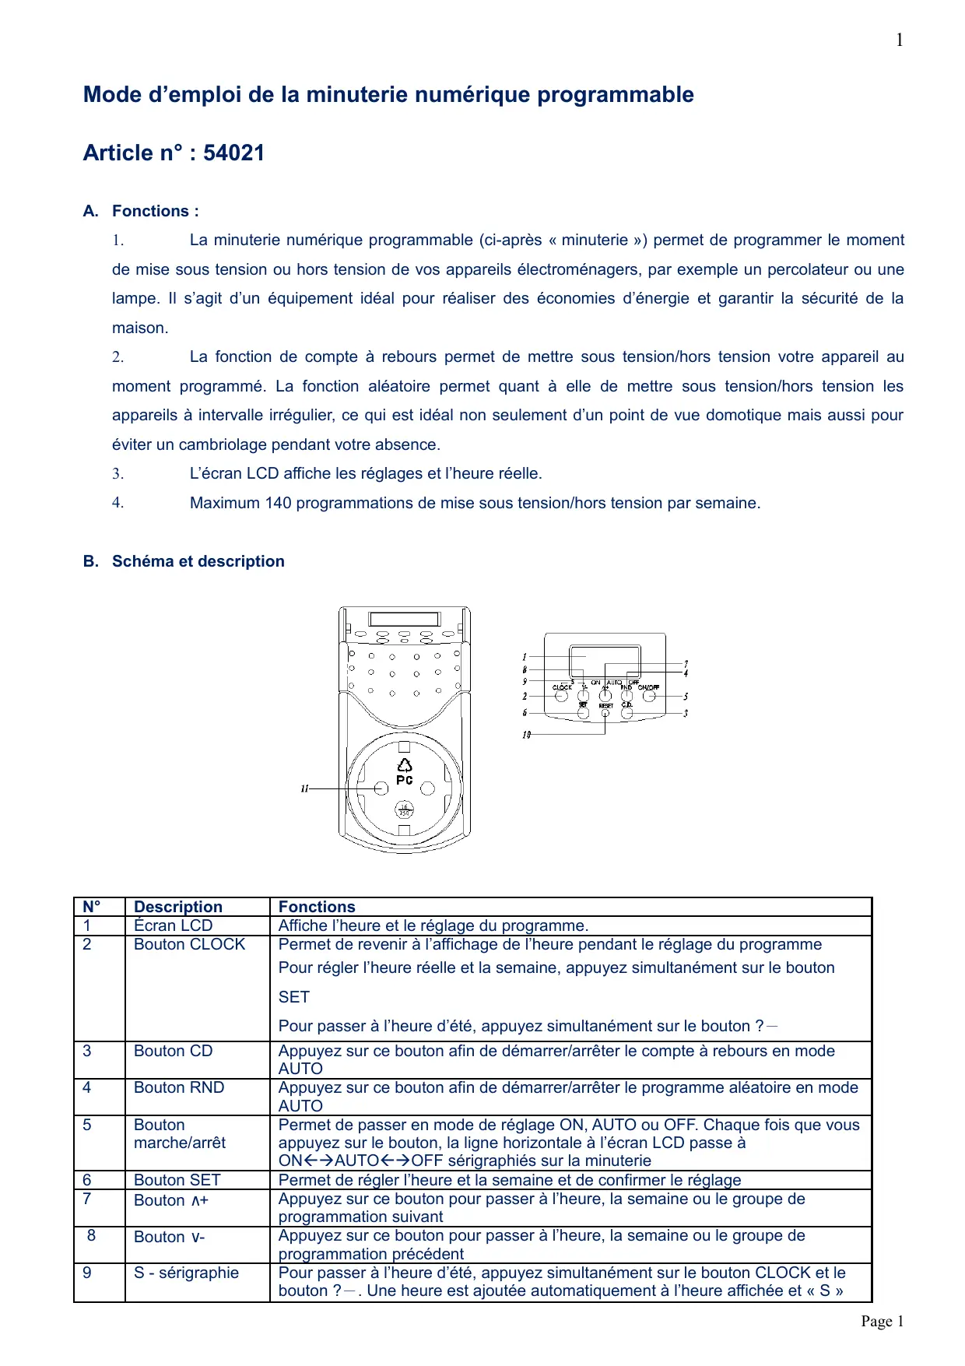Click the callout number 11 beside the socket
[x=304, y=788]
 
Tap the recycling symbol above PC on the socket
[x=405, y=765]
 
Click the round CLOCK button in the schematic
[x=561, y=696]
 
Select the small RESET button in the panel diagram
[x=605, y=713]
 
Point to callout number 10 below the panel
[x=526, y=735]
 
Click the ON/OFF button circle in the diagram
[x=649, y=696]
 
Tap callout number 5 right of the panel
[x=686, y=697]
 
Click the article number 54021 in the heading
[x=233, y=153]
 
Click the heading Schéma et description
[x=198, y=561]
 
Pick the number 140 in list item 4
[x=278, y=503]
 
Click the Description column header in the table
[x=177, y=907]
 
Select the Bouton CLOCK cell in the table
[x=189, y=944]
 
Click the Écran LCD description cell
[x=173, y=925]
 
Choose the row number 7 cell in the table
[x=87, y=1199]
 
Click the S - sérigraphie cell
[x=186, y=1273]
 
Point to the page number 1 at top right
[x=900, y=40]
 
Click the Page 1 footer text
[x=882, y=1321]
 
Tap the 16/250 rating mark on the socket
[x=405, y=809]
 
